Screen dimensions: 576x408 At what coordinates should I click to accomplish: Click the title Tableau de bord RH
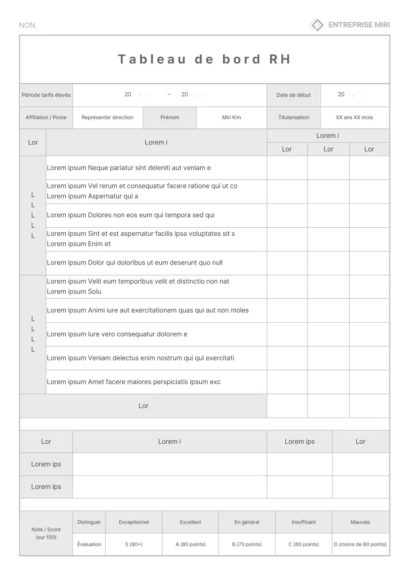[x=204, y=59]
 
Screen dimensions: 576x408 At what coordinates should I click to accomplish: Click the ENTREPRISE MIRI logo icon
[x=316, y=25]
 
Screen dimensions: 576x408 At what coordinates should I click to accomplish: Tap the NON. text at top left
[x=28, y=25]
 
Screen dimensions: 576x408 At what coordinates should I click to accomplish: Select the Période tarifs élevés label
[x=46, y=95]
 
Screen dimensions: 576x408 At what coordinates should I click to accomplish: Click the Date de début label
[x=293, y=95]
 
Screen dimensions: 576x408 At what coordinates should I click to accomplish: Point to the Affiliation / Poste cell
[x=46, y=117]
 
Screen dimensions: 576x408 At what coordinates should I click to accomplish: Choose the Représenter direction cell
[x=107, y=117]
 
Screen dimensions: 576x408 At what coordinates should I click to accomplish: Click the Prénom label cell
[x=170, y=117]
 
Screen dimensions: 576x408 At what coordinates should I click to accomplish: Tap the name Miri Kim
[x=231, y=117]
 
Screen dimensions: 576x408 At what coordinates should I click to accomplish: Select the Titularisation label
[x=293, y=117]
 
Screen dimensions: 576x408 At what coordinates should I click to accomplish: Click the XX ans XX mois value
[x=354, y=117]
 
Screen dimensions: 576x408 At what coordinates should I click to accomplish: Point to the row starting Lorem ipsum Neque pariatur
[x=129, y=168]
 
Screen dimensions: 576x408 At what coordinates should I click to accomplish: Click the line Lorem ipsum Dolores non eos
[x=131, y=215]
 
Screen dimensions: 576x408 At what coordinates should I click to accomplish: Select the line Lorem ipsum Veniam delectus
[x=141, y=358]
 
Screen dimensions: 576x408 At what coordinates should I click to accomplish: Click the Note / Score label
[x=46, y=533]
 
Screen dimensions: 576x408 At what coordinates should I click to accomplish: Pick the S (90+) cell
[x=134, y=544]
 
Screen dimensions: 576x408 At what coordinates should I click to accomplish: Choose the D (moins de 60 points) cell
[x=360, y=544]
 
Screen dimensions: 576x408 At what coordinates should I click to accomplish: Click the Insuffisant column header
[x=303, y=522]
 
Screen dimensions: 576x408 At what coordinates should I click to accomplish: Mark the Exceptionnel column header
[x=134, y=522]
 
